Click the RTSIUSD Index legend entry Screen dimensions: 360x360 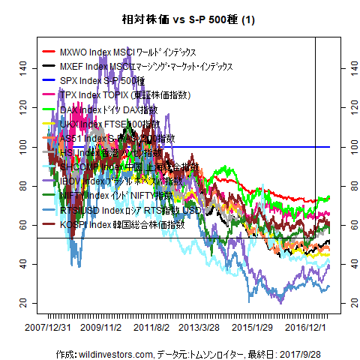(x=119, y=210)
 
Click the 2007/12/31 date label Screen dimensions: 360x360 (x=49, y=327)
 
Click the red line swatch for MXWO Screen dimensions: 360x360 (x=49, y=52)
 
